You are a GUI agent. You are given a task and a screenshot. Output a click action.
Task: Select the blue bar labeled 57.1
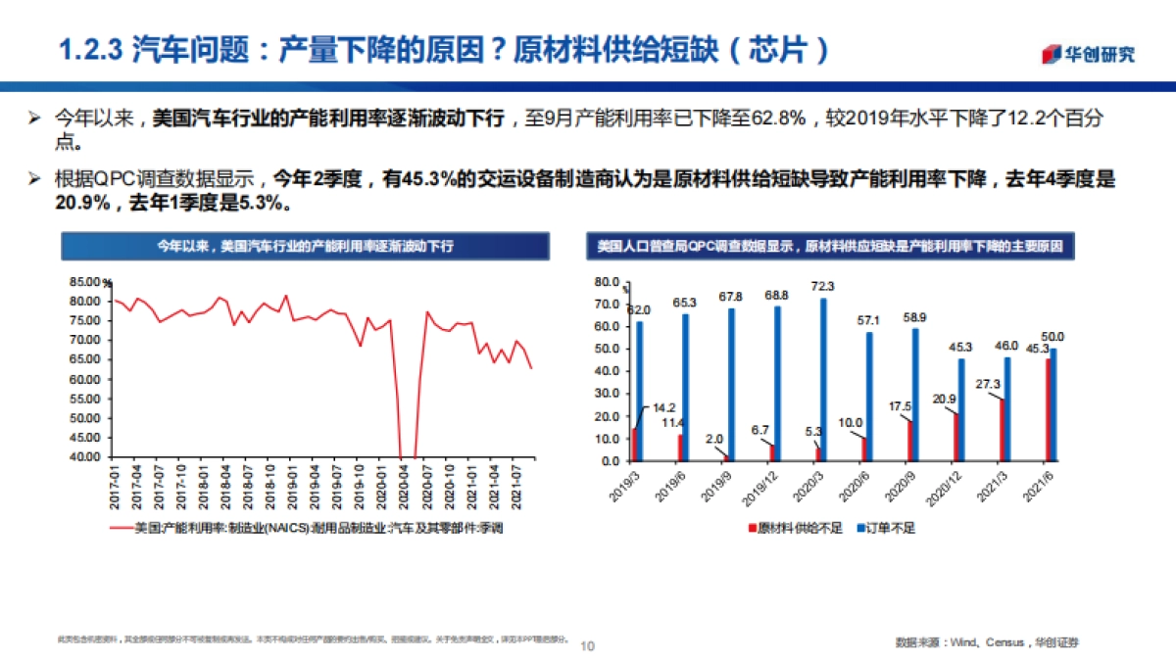(868, 397)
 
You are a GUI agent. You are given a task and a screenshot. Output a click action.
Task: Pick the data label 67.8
(731, 297)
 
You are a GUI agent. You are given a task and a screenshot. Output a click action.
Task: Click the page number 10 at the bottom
(588, 646)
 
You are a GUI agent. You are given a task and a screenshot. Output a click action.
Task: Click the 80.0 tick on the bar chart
(608, 282)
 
